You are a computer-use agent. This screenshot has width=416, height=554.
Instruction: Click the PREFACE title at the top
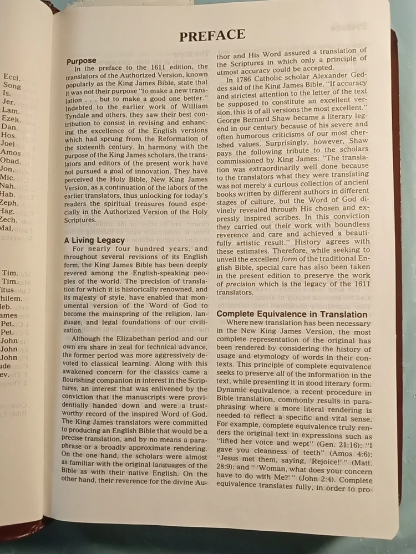212,36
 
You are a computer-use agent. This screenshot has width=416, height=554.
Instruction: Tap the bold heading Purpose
82,61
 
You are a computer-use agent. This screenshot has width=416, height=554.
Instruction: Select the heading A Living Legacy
94,240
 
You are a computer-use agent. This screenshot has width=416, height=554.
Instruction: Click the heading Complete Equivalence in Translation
292,315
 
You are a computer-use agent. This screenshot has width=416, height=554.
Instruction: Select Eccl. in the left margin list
12,78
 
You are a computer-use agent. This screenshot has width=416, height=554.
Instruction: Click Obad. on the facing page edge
11,161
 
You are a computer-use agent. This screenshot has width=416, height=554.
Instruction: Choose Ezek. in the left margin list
11,119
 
